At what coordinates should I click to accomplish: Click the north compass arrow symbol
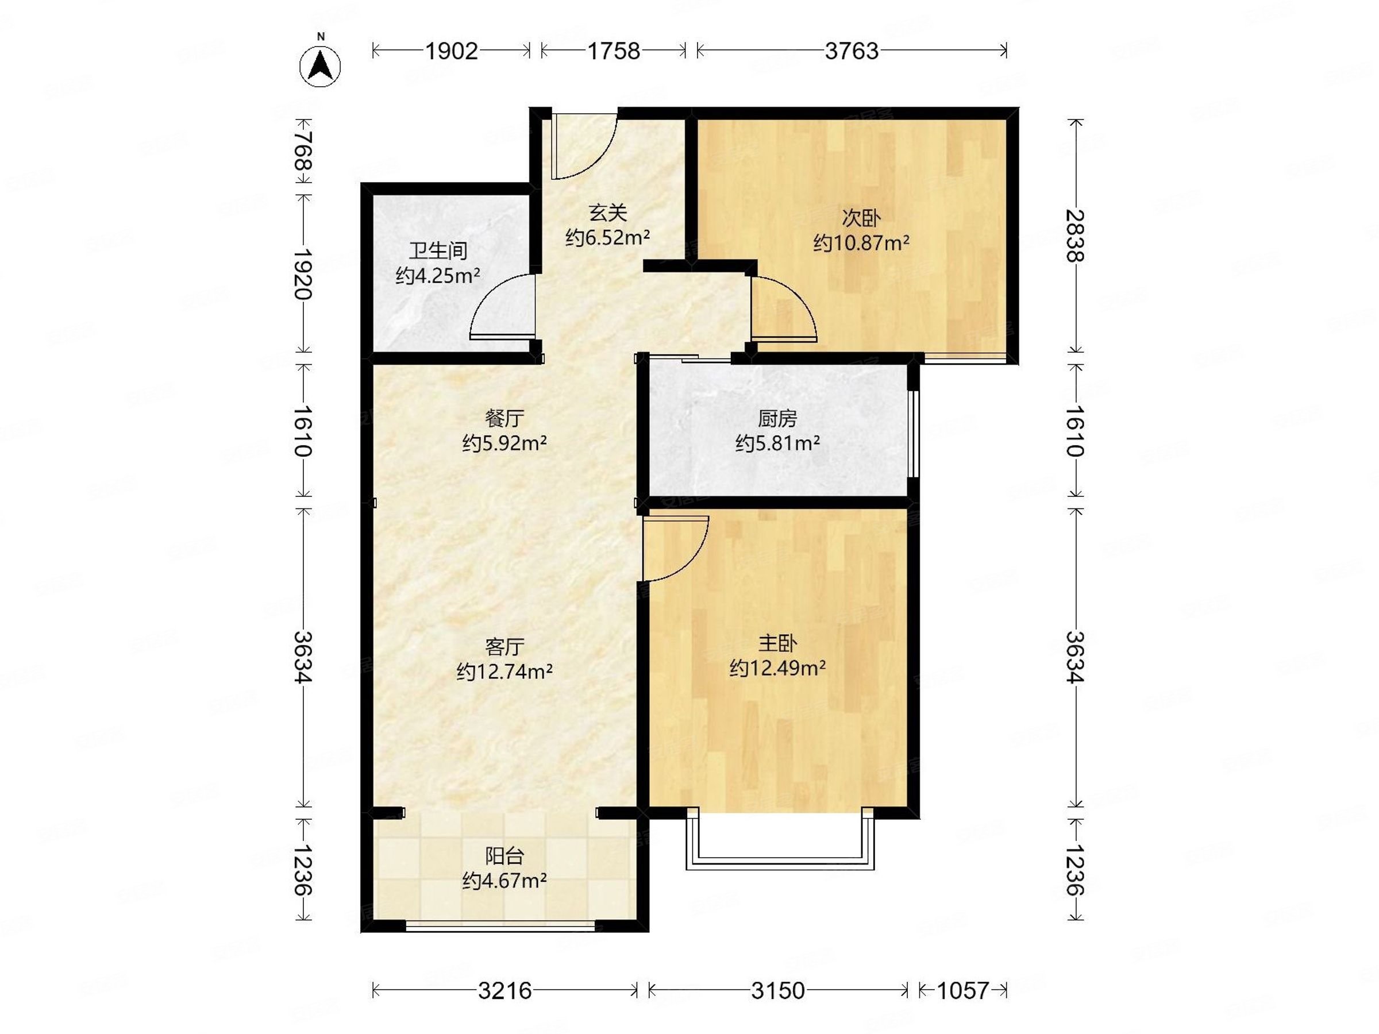[x=321, y=65]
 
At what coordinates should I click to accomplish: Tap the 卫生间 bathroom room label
[x=438, y=251]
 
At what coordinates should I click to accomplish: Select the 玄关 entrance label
[x=608, y=213]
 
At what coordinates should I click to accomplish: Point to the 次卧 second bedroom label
[x=861, y=218]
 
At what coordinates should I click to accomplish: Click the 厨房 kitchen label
[x=777, y=418]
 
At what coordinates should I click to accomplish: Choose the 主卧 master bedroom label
[x=777, y=643]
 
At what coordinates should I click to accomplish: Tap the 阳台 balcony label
[x=504, y=856]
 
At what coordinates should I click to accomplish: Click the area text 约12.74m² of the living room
[x=504, y=672]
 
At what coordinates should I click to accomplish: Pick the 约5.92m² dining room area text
[x=504, y=443]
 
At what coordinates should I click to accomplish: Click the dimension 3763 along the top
[x=852, y=51]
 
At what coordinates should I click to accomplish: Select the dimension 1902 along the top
[x=452, y=51]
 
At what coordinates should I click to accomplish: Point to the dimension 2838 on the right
[x=1075, y=236]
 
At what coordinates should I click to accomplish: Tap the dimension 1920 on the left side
[x=303, y=274]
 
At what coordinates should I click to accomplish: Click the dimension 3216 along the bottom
[x=505, y=990]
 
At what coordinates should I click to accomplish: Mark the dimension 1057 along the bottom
[x=963, y=990]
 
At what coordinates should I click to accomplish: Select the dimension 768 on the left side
[x=303, y=152]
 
